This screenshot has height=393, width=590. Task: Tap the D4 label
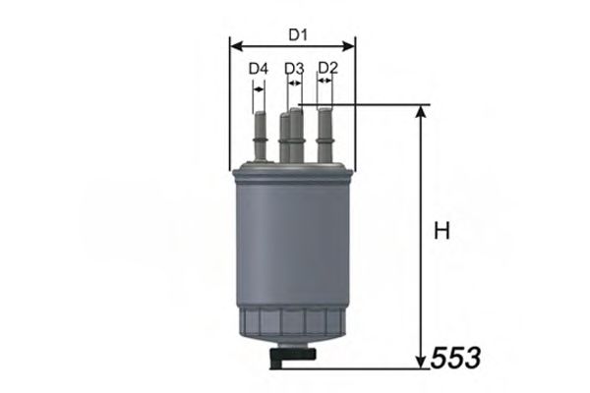(x=259, y=69)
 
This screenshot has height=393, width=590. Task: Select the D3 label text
(x=294, y=69)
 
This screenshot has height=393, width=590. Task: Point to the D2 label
(x=328, y=68)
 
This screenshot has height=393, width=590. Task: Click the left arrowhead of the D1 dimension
(x=234, y=45)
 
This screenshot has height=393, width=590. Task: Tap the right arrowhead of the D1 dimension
(x=350, y=45)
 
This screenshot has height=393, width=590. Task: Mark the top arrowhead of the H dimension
(x=422, y=111)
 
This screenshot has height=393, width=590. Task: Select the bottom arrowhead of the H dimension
(x=422, y=361)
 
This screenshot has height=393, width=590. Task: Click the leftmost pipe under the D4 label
(x=260, y=138)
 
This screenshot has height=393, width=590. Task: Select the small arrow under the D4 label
(x=258, y=87)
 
